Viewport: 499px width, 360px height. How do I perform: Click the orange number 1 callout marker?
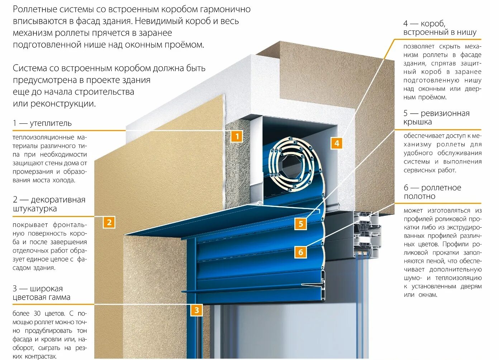point(237,136)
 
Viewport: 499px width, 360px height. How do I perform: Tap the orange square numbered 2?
point(109,222)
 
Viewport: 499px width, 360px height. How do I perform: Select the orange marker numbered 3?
point(196,310)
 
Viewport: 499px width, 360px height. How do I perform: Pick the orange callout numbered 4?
point(336,143)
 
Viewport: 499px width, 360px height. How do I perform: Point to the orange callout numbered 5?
point(300,224)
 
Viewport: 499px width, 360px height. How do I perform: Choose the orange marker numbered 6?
point(300,252)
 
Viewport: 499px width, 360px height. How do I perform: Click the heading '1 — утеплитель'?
point(42,123)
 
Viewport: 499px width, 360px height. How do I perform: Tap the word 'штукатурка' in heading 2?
point(35,209)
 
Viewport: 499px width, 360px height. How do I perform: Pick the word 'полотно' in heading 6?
point(419,196)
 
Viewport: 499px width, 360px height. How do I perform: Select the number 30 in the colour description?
point(38,314)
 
